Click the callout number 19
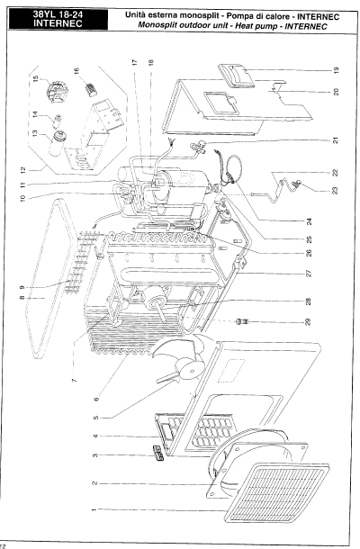click(x=337, y=69)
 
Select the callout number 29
click(x=308, y=321)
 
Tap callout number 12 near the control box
click(x=23, y=170)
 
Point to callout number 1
click(x=94, y=509)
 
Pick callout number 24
click(x=309, y=221)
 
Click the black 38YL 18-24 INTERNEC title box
click(x=58, y=19)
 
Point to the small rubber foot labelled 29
click(x=242, y=321)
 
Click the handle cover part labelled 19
click(x=236, y=75)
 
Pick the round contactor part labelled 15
click(x=56, y=91)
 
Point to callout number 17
click(x=135, y=62)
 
